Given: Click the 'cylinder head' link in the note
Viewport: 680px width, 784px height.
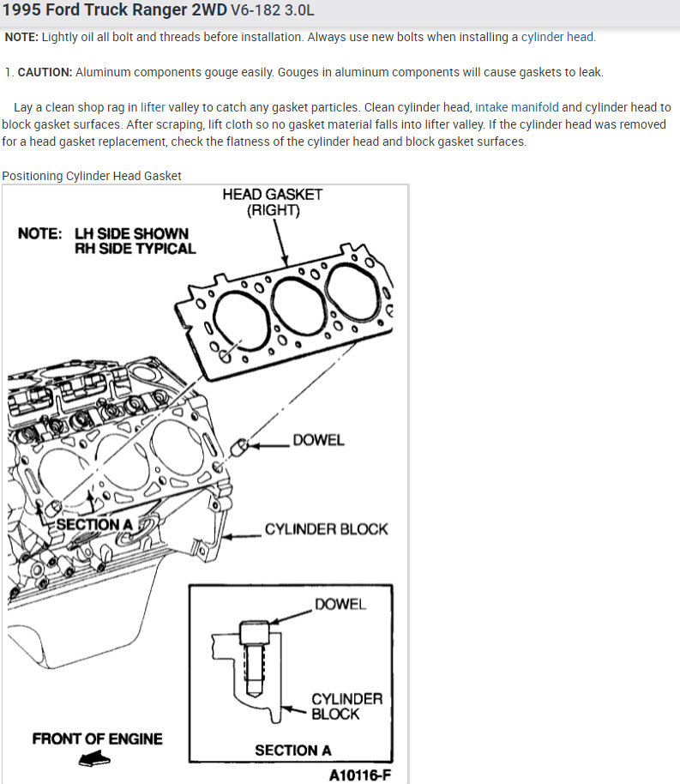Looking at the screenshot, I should (557, 37).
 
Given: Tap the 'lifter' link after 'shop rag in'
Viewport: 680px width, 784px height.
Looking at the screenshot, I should (153, 107).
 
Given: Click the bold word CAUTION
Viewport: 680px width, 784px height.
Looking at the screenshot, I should (45, 72).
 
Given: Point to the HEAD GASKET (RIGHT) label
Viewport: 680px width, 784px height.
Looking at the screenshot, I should (273, 202).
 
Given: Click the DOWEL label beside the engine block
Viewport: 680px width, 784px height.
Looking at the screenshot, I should (318, 440).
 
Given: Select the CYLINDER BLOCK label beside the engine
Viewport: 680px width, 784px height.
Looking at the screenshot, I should (326, 529).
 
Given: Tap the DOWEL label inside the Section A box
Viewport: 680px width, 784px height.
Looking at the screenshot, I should (340, 604).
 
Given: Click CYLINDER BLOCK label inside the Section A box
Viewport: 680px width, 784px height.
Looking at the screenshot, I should (346, 706).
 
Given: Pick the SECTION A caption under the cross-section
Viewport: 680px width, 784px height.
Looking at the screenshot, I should (292, 751).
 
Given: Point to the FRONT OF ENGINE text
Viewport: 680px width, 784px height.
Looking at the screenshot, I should (97, 739).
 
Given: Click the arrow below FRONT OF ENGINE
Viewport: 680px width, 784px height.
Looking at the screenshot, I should (93, 758).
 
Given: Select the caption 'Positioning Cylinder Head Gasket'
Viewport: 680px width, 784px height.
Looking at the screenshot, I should (92, 176).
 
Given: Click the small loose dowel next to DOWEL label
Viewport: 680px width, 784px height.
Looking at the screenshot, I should (242, 445).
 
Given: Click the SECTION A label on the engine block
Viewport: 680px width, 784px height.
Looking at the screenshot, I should (93, 524).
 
